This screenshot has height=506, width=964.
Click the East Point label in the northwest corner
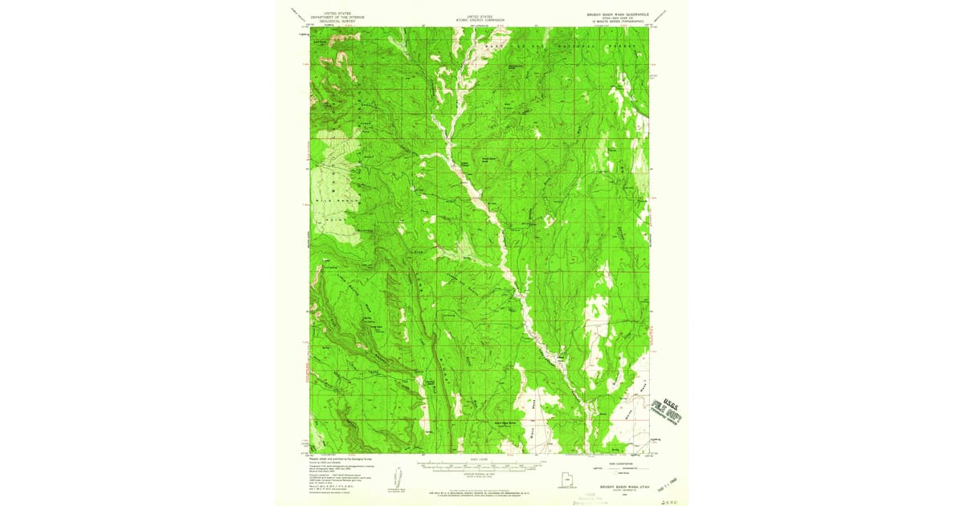pos(322,36)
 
